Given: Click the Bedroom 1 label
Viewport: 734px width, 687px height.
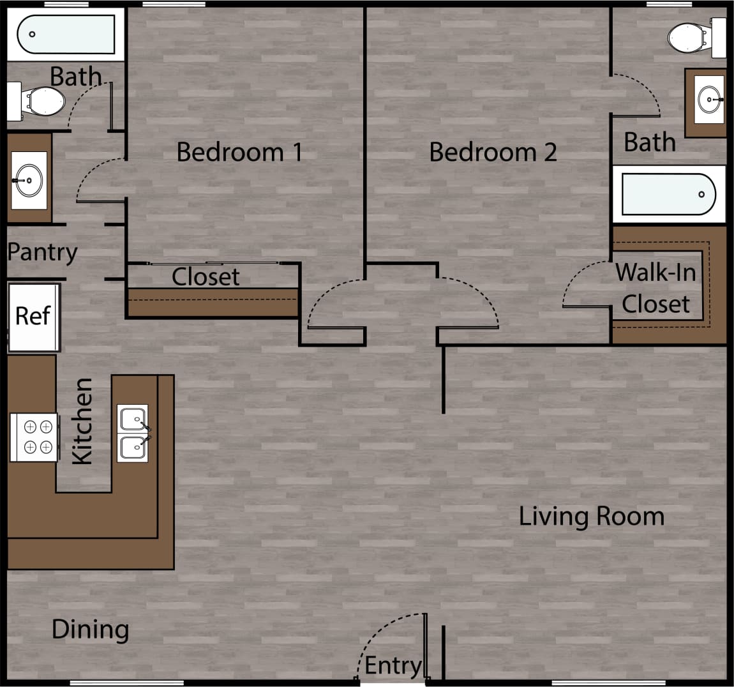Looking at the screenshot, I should click(x=239, y=152).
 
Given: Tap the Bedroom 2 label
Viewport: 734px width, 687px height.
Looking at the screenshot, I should click(x=493, y=152).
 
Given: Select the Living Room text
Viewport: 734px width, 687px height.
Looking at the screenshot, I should click(x=591, y=516).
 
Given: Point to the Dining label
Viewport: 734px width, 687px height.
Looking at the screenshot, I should click(x=90, y=630).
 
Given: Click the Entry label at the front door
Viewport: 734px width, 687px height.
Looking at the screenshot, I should click(x=393, y=666).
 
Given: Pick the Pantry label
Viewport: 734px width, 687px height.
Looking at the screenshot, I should click(x=42, y=252).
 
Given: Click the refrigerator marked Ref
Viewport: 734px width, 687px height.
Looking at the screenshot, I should click(x=33, y=317).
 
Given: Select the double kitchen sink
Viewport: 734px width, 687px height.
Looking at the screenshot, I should click(x=133, y=433).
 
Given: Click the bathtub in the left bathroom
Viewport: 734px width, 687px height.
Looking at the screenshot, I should click(x=65, y=34).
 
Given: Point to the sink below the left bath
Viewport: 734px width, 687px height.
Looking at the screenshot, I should click(x=29, y=180).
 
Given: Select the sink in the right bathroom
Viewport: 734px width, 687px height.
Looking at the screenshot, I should click(x=709, y=100).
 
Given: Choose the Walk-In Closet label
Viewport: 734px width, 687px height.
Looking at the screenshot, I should click(x=655, y=288).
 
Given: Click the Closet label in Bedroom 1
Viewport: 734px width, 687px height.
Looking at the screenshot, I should click(x=206, y=277).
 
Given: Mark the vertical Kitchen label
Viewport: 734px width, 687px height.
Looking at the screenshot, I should click(x=83, y=421).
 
